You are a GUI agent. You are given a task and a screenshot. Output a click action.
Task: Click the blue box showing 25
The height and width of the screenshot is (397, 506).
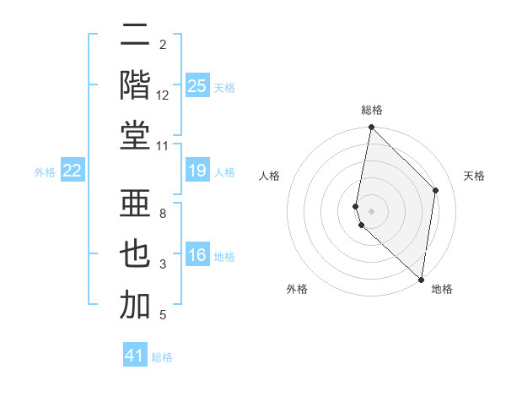[x=197, y=85]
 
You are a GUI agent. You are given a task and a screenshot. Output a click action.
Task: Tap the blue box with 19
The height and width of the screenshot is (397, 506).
[x=197, y=171]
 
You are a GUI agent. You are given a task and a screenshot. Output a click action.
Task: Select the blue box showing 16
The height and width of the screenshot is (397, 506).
[x=197, y=256]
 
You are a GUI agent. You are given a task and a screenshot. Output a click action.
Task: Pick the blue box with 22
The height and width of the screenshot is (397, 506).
[x=72, y=171]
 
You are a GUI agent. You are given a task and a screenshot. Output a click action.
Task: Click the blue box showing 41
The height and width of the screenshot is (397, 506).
[x=135, y=356]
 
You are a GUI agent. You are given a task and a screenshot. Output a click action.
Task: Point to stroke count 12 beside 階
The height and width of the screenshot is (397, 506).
[x=163, y=95]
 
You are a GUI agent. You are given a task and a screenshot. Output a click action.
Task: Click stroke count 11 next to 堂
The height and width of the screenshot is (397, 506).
[x=164, y=147]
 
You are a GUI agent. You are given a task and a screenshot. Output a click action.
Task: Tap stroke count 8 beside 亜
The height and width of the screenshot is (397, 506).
[x=163, y=214]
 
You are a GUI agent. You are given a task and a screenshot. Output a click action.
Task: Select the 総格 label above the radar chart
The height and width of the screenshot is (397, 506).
[x=372, y=110]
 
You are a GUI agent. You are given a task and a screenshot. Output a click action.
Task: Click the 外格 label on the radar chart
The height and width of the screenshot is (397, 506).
[x=297, y=290]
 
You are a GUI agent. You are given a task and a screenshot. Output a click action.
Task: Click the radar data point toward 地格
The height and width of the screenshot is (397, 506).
[x=422, y=279]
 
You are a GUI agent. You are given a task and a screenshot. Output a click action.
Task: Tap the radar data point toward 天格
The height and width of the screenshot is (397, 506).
[x=436, y=190]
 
